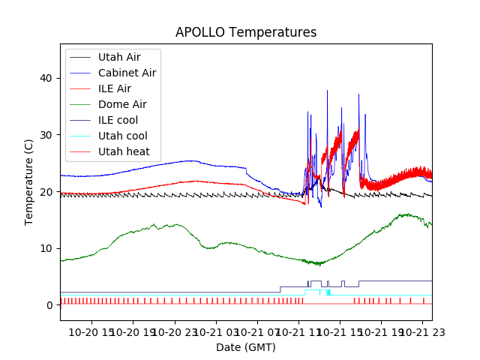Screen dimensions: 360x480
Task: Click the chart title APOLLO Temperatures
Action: click(245, 32)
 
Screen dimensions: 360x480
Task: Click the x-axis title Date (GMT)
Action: click(245, 347)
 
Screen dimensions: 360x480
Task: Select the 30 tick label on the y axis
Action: click(48, 135)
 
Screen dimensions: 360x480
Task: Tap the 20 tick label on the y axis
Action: click(48, 192)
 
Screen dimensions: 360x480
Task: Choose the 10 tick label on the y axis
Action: click(48, 248)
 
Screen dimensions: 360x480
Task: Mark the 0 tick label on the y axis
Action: click(51, 305)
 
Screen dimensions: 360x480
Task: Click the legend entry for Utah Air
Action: click(118, 57)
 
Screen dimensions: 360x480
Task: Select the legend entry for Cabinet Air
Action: click(127, 73)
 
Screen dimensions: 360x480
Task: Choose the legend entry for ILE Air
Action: click(114, 88)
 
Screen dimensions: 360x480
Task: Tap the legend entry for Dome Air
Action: click(122, 104)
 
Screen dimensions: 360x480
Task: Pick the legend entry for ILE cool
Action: click(118, 120)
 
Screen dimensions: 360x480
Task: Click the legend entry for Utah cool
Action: click(122, 136)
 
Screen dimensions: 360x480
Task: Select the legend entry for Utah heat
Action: click(122, 151)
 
